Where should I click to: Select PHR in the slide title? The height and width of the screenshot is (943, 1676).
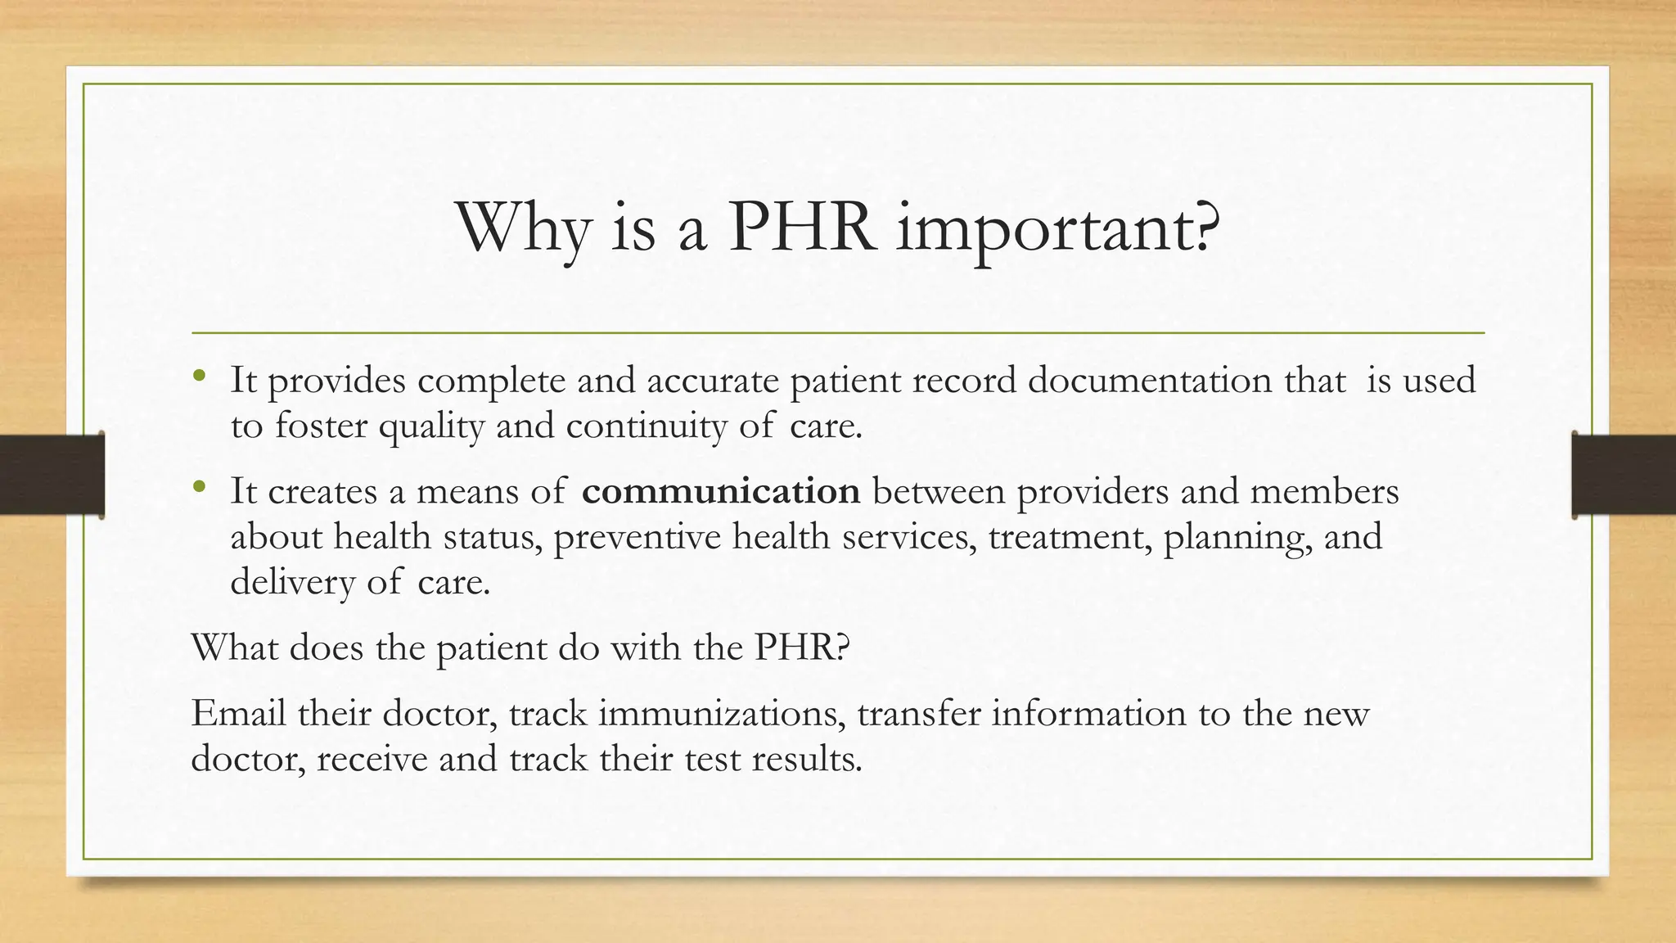coord(800,226)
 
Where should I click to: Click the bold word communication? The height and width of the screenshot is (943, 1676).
coord(721,491)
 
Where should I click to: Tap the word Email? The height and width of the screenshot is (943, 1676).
coord(238,713)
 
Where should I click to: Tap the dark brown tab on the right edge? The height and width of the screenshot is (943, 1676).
coord(1624,475)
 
